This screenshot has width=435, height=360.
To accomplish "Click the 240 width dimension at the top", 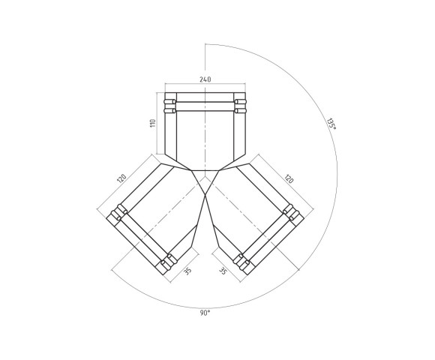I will [205, 78].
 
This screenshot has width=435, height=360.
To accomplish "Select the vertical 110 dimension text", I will [152, 123].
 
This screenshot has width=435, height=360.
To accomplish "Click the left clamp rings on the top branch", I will [171, 106].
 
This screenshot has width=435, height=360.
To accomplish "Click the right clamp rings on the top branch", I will [239, 106].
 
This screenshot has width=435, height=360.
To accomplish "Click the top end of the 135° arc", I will [205, 45].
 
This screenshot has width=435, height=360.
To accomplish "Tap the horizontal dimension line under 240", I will [205, 83].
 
